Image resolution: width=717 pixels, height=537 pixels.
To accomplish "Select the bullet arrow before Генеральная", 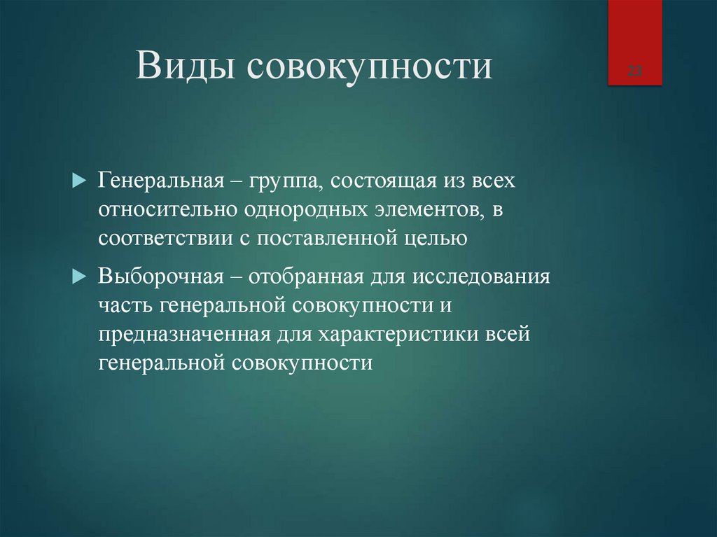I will point(78,181).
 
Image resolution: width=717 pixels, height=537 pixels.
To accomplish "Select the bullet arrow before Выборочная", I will point(78,274).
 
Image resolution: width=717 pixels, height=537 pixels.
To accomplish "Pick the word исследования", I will point(480,275).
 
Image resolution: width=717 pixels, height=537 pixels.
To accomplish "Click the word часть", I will point(126,305).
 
